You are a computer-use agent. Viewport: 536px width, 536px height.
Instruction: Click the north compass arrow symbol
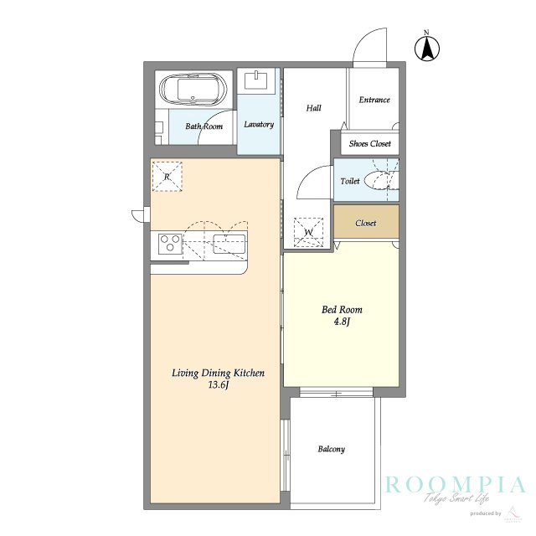[427, 48]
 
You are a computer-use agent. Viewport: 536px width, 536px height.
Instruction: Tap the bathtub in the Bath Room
[193, 90]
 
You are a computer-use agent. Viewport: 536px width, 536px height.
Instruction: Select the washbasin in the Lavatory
[256, 80]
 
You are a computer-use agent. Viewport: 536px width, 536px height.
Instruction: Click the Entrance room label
[374, 100]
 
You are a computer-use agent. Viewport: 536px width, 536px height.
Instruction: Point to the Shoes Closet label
[370, 143]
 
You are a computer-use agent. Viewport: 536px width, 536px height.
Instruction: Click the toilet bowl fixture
[380, 181]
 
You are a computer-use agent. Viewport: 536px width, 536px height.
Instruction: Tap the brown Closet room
[366, 221]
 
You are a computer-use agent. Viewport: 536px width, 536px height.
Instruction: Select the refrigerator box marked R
[167, 177]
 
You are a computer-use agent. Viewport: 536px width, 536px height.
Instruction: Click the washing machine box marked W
[309, 233]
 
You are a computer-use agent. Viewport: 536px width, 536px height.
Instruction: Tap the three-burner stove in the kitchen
[170, 243]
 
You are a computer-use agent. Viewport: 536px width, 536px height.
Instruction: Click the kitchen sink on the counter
[229, 244]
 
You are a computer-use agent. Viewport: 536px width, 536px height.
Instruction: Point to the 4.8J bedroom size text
[342, 322]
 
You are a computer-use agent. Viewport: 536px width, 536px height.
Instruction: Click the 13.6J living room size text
[219, 385]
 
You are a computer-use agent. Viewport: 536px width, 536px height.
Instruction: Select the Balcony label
[332, 449]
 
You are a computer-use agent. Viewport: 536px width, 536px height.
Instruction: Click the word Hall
[313, 108]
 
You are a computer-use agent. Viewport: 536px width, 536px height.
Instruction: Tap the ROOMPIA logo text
[456, 485]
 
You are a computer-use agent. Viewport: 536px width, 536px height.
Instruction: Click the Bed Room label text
[342, 310]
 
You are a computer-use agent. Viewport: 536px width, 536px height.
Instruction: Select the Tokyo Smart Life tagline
[456, 498]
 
